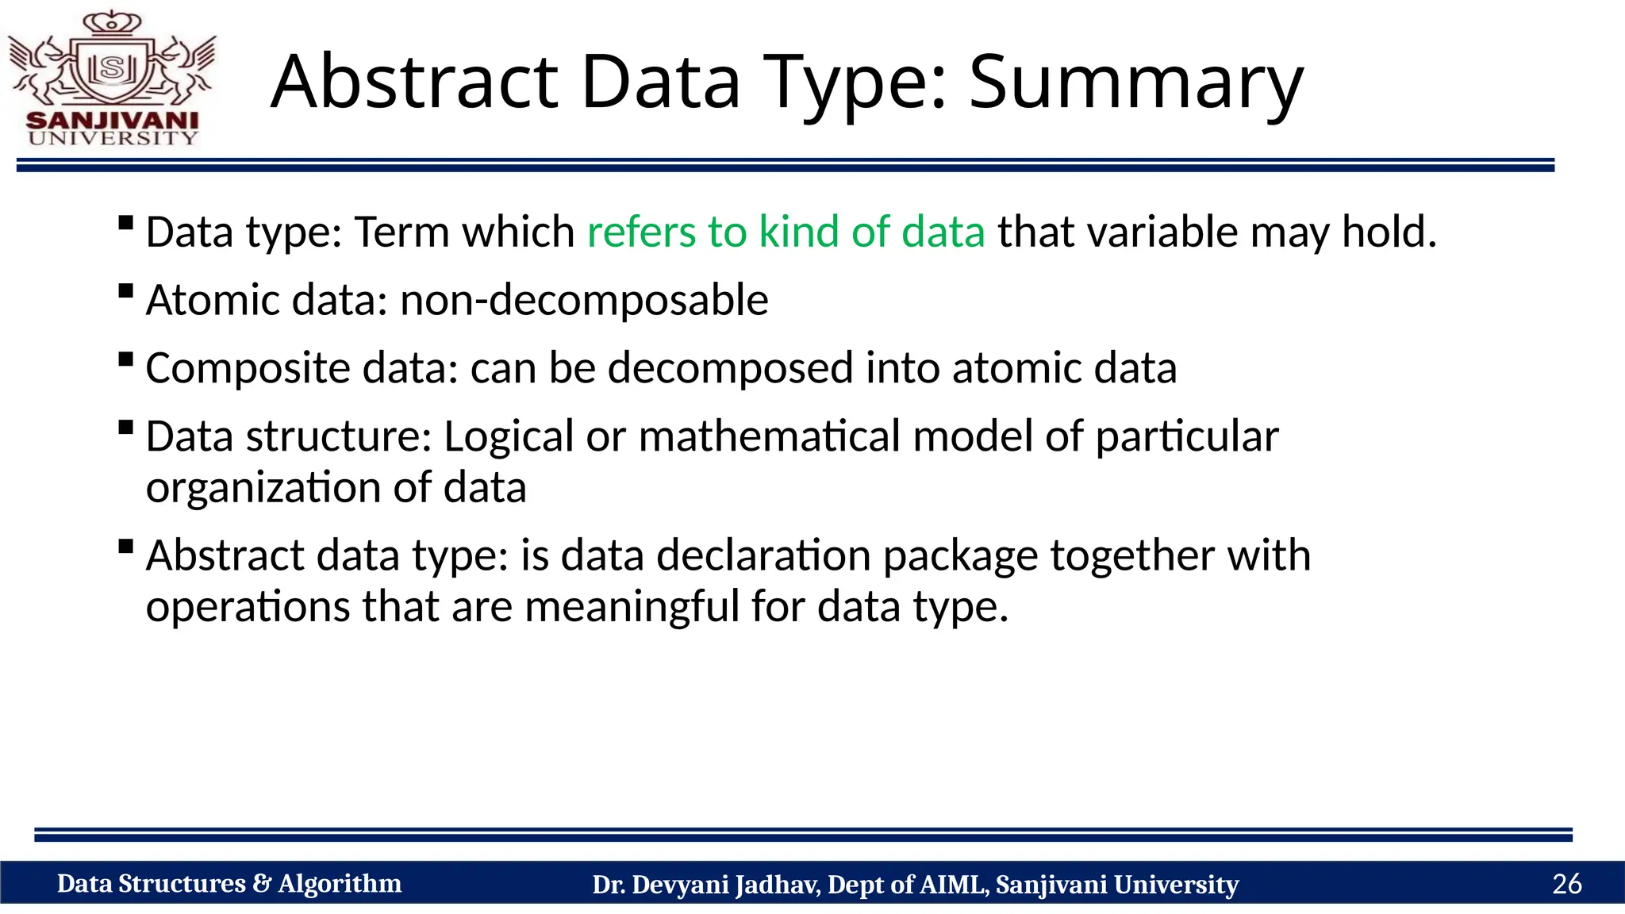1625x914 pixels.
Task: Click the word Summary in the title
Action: [x=1135, y=83]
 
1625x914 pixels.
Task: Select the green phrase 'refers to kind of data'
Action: [x=786, y=232]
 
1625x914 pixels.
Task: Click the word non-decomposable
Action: [x=584, y=301]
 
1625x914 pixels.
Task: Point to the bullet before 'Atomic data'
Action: [x=125, y=290]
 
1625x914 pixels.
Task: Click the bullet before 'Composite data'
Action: [x=125, y=359]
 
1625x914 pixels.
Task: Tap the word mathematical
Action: [x=769, y=437]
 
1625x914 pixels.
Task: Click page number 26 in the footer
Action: [x=1566, y=884]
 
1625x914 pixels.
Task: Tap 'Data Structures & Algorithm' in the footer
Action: [x=229, y=884]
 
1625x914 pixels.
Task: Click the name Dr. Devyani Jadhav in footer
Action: [x=706, y=885]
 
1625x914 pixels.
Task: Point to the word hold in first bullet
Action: [x=1388, y=232]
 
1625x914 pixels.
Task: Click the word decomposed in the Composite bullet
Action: [x=730, y=369]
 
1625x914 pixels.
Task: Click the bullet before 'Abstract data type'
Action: [x=125, y=546]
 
